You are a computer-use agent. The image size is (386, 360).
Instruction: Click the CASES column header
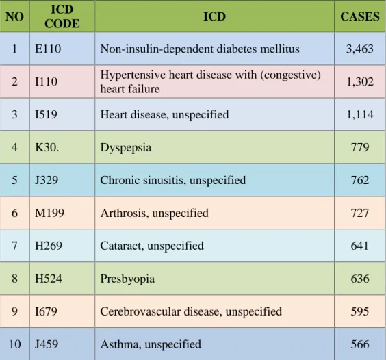[x=360, y=16]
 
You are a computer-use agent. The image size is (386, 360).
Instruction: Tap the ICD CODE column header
[x=62, y=16]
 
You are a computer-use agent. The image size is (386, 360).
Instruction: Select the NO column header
[x=14, y=16]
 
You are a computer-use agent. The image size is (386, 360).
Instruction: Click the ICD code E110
[x=48, y=49]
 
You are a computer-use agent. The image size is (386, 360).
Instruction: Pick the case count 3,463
[x=360, y=49]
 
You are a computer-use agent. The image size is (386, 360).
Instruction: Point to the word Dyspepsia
[x=126, y=148]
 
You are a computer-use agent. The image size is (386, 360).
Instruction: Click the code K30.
[x=47, y=147]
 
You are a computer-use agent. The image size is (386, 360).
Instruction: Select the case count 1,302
[x=360, y=81]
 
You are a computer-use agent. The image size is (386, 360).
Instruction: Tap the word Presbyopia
[x=127, y=279]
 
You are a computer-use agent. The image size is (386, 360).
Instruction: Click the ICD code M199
[x=50, y=213]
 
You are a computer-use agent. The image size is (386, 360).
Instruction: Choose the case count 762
[x=360, y=180]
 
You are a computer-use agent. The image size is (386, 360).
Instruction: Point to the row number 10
[x=14, y=344]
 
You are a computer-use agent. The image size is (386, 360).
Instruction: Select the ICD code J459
[x=47, y=344]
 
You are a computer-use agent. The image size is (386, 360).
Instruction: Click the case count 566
[x=360, y=344]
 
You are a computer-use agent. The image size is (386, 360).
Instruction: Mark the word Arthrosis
[x=125, y=214]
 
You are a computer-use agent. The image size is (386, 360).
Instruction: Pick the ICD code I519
[x=47, y=114]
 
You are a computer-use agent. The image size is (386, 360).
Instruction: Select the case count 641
[x=360, y=246]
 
